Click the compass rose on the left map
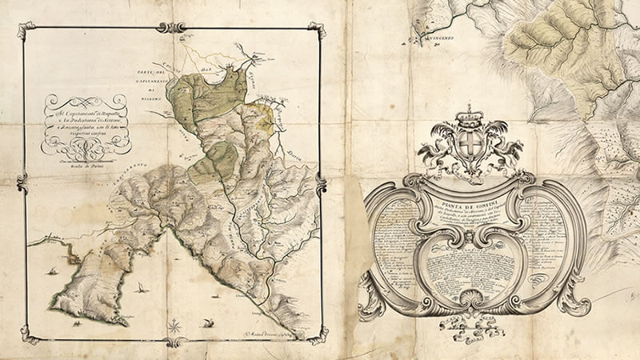coord(174,325)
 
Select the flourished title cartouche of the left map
coord(86,120)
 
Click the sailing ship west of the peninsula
coord(51,272)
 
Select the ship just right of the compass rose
coord(209,322)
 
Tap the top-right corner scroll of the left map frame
coord(318,30)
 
